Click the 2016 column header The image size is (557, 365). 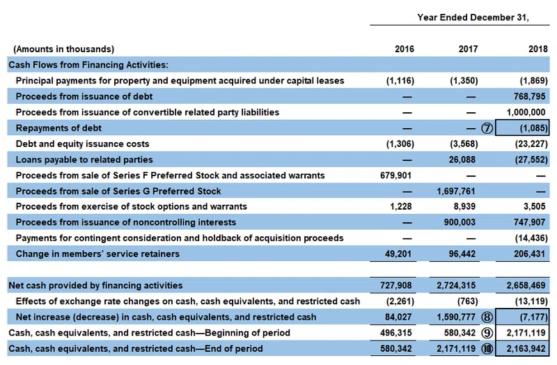point(405,49)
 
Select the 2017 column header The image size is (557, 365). point(468,49)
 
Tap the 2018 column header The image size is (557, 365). point(538,49)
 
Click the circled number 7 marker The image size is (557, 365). point(487,128)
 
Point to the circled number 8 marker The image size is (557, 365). point(487,317)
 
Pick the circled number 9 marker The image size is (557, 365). point(487,333)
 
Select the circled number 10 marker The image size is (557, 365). point(487,349)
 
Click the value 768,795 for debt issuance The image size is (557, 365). point(529,97)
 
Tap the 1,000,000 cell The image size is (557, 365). point(526,112)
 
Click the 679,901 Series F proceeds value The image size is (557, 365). point(395,176)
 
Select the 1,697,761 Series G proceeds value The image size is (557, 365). point(456,192)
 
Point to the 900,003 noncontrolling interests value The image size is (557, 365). point(460,222)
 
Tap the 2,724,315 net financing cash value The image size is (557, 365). point(456,286)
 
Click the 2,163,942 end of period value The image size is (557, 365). point(526,349)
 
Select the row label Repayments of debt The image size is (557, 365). point(58,128)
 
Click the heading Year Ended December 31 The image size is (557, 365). point(473,17)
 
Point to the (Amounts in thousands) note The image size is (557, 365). point(63,49)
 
